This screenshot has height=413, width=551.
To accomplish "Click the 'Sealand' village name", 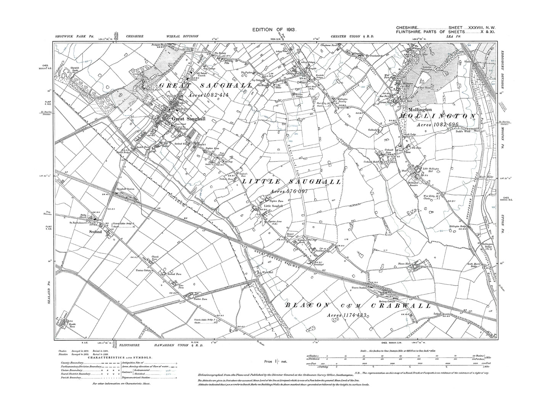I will click(95, 232).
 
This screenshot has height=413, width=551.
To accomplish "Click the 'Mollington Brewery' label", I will click(345, 100).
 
